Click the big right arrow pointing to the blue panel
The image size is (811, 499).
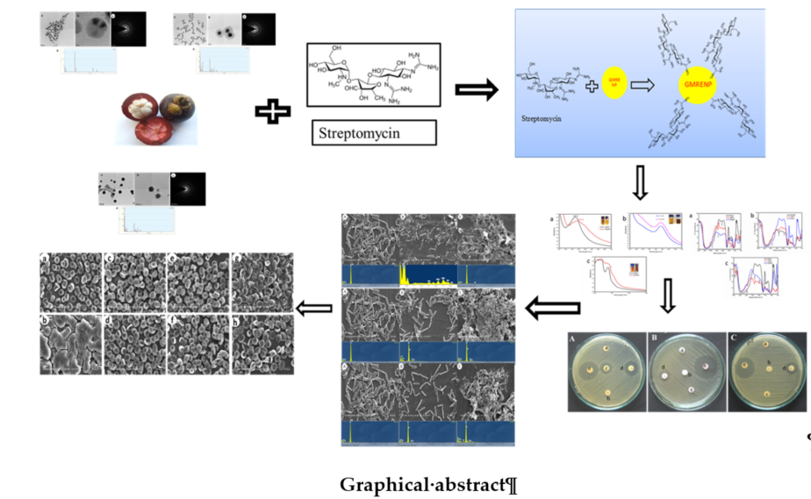click(476, 89)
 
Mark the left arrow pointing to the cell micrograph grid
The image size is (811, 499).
click(313, 309)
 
